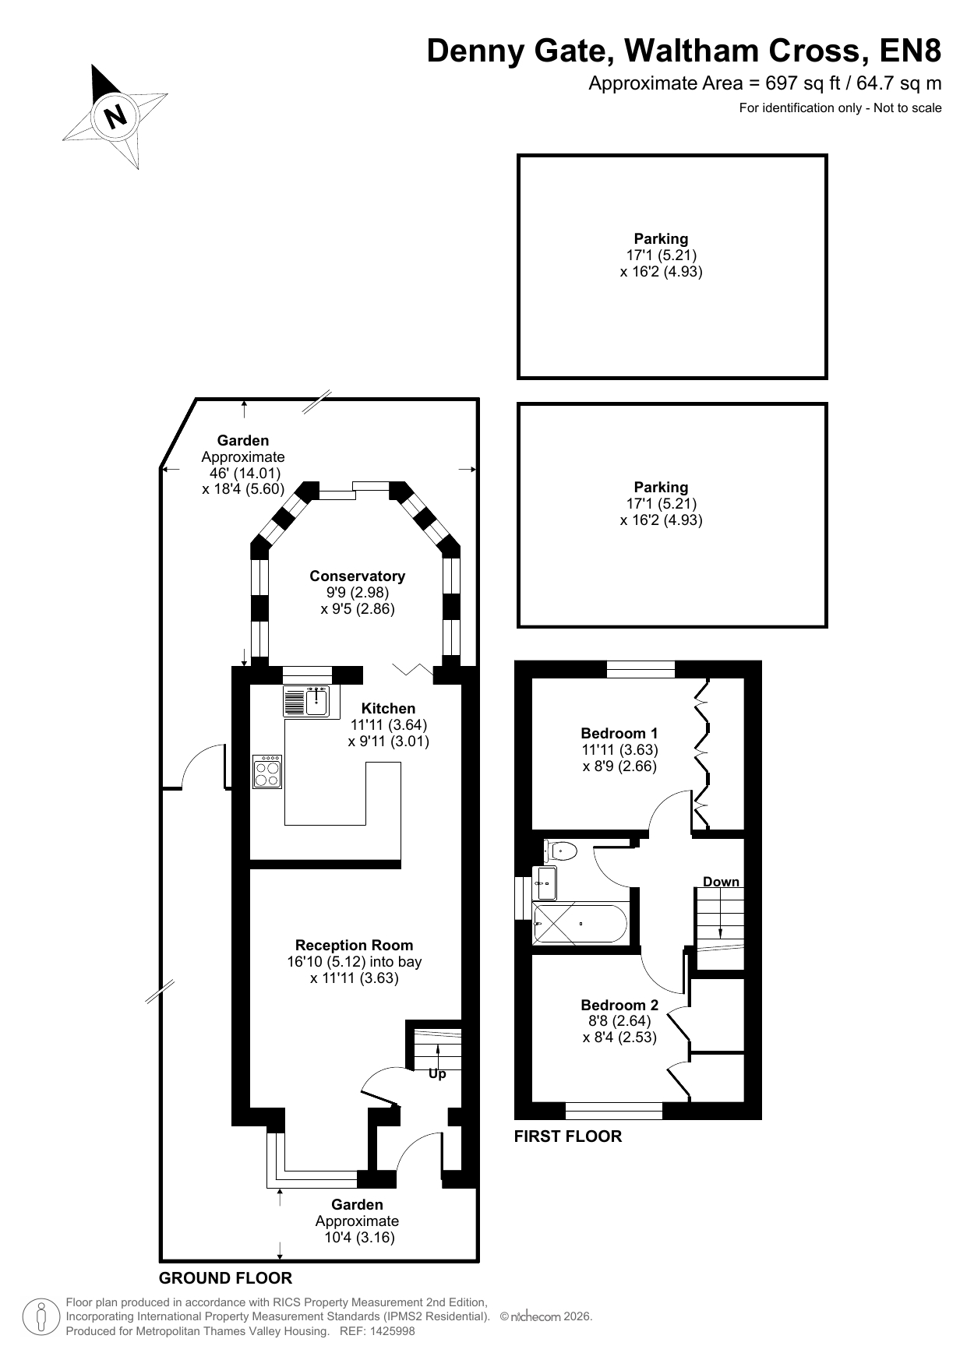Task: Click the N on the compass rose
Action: [x=116, y=117]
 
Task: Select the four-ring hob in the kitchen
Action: [x=267, y=771]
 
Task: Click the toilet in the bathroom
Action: [x=561, y=850]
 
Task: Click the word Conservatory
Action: [x=358, y=576]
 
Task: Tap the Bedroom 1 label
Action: [x=619, y=733]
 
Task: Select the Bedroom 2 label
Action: [x=619, y=1005]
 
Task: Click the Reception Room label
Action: [x=355, y=945]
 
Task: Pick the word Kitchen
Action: [x=388, y=708]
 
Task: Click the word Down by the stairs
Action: [x=721, y=882]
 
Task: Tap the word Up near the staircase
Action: [x=437, y=1074]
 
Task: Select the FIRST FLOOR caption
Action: [x=568, y=1136]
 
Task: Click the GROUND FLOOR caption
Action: [x=225, y=1278]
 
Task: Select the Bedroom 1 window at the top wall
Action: [x=641, y=669]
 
